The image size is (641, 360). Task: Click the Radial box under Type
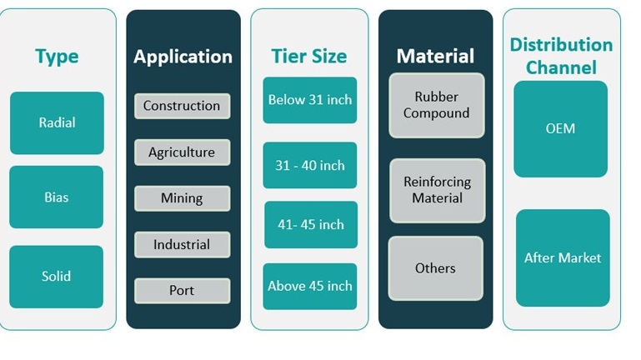tap(57, 123)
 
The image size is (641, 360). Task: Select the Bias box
tap(57, 197)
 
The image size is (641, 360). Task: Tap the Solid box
tap(57, 277)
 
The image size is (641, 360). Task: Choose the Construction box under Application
tap(183, 106)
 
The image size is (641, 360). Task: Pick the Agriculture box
tap(183, 152)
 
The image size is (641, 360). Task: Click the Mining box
tap(183, 198)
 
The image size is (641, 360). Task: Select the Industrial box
tap(183, 245)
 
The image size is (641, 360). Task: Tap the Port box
tap(183, 291)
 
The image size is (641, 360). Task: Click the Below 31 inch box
tap(310, 100)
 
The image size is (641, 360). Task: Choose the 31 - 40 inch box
tap(310, 165)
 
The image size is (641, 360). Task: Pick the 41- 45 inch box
tap(311, 225)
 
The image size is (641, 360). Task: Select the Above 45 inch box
tap(310, 287)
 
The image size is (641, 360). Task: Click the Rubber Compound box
tap(437, 106)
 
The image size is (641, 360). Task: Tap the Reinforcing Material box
tap(438, 191)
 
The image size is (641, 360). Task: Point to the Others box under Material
tap(436, 268)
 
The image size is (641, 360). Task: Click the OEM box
tap(560, 129)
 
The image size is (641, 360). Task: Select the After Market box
tap(563, 257)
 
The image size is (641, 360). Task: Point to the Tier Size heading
tap(309, 57)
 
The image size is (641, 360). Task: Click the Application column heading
tap(183, 57)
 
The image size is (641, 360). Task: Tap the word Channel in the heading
tap(561, 67)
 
